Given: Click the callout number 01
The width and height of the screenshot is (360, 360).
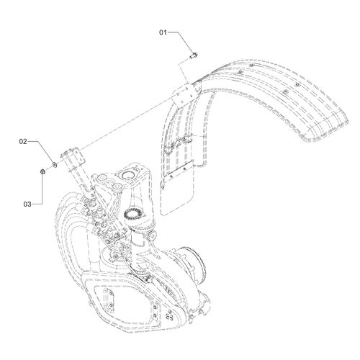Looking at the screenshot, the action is [x=163, y=32].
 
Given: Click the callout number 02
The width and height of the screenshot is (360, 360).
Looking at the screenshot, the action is [x=23, y=142].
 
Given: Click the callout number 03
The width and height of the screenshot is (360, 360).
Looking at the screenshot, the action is [x=27, y=204].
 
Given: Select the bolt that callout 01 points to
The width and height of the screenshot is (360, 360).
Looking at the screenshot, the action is [x=194, y=56].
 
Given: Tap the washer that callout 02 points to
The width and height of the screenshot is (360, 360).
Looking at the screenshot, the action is [x=55, y=164].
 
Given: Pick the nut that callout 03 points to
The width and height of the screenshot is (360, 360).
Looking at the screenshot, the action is [x=42, y=171].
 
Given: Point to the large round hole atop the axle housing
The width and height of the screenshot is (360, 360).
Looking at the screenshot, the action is [x=129, y=176].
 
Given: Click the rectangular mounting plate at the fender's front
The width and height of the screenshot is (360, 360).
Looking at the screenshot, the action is [x=186, y=94].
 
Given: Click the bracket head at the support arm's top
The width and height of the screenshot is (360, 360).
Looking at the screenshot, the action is [x=73, y=155].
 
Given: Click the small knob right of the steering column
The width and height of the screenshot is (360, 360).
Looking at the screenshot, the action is [x=152, y=236].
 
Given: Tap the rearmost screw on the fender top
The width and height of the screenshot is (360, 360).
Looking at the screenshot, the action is [x=297, y=84].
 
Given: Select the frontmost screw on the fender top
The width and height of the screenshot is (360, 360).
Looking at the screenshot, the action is [x=239, y=72].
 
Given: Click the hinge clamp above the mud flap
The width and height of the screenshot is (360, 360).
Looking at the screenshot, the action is [x=178, y=144].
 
